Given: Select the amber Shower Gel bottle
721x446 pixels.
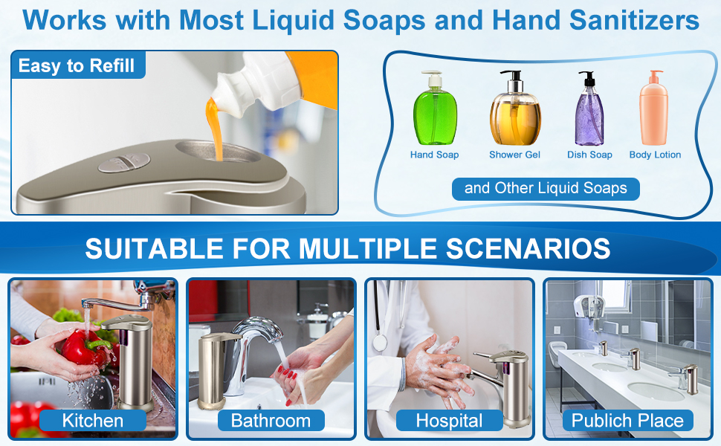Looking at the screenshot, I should pyautogui.click(x=514, y=115).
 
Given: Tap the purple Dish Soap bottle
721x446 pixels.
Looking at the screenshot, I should pyautogui.click(x=589, y=115).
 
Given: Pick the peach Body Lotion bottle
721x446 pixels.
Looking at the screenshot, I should pyautogui.click(x=654, y=111).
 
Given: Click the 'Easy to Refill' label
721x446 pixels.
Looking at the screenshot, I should pyautogui.click(x=77, y=65).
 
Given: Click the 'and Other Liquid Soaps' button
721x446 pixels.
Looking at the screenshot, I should pyautogui.click(x=546, y=188).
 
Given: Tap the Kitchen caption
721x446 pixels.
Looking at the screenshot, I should pyautogui.click(x=92, y=421).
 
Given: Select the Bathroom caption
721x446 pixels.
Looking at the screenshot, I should pyautogui.click(x=271, y=421).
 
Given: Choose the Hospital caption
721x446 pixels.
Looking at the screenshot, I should pyautogui.click(x=449, y=421).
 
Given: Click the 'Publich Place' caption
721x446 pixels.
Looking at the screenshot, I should pyautogui.click(x=627, y=421).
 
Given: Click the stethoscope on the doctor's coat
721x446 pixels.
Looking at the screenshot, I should pyautogui.click(x=381, y=338).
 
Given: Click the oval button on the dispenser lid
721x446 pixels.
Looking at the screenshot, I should pyautogui.click(x=124, y=162).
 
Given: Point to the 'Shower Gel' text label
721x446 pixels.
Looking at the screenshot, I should pyautogui.click(x=514, y=155).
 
